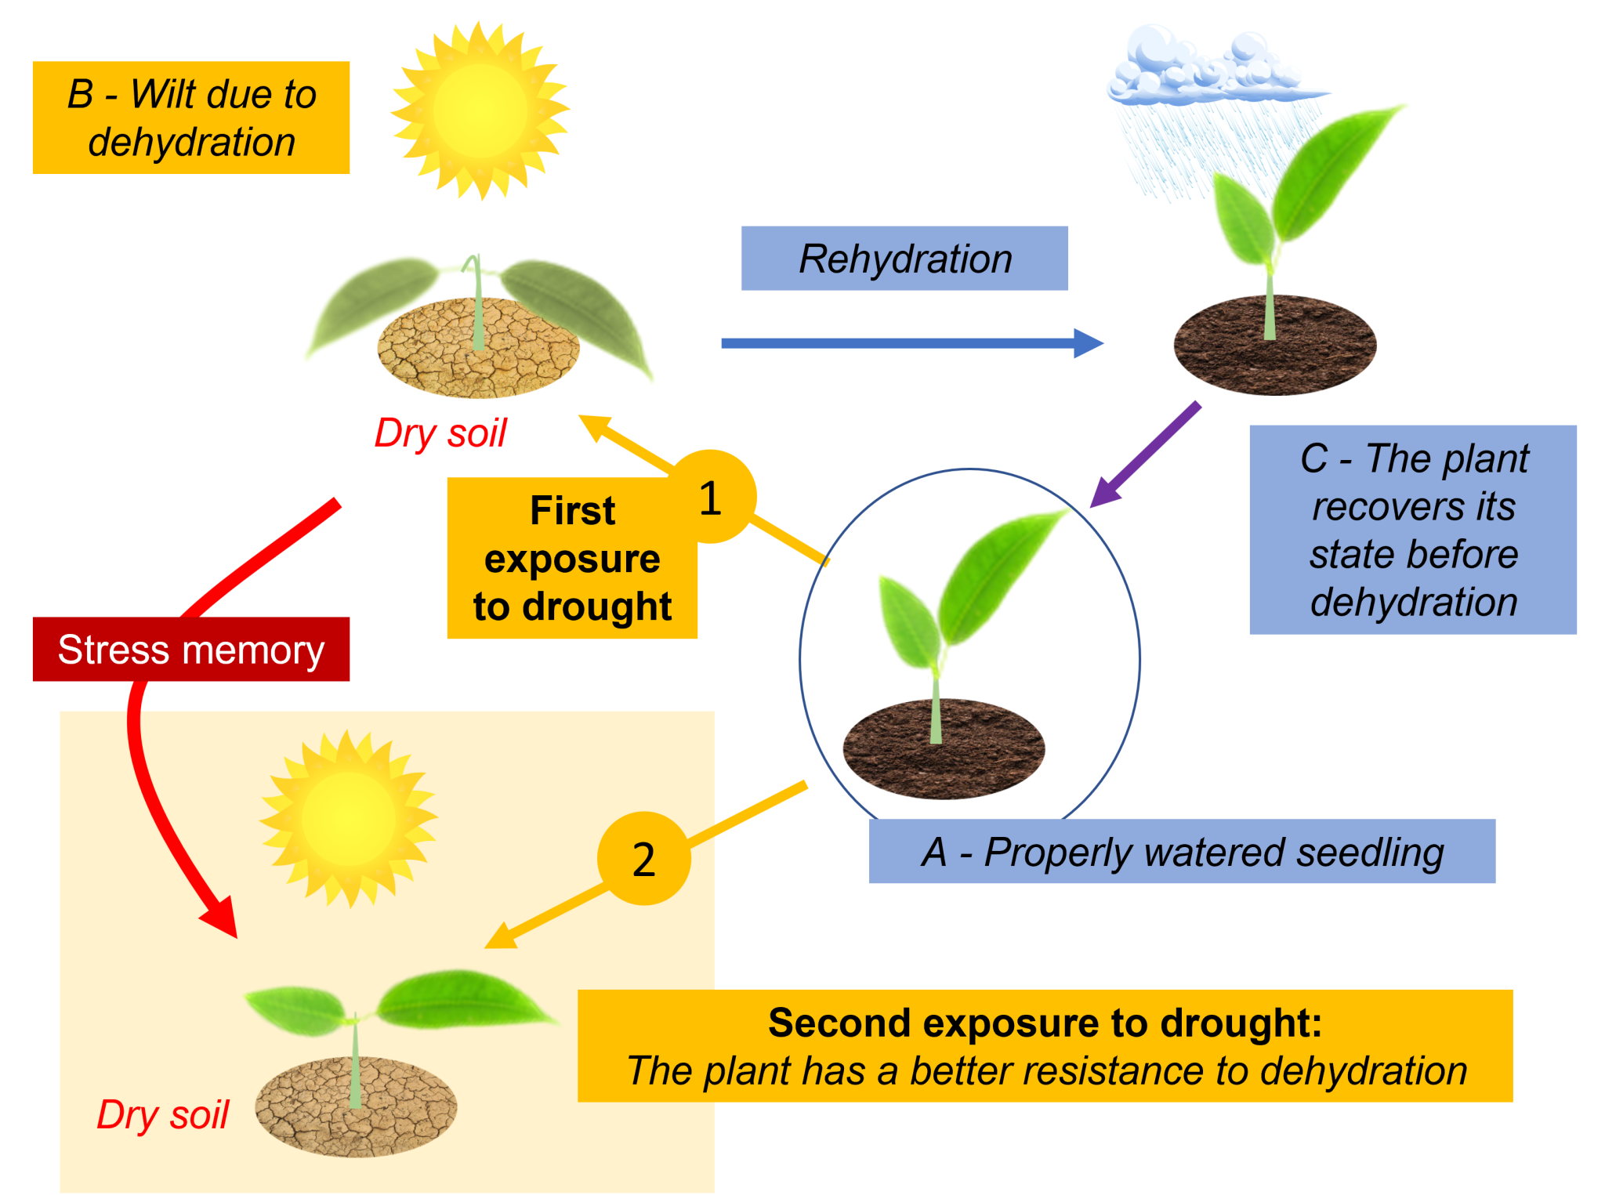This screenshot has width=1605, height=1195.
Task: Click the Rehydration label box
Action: pos(904,259)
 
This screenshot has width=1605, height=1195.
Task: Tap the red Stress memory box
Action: pos(190,649)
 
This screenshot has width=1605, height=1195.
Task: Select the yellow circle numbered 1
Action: pos(711,497)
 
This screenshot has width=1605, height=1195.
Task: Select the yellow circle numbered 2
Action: pos(643,859)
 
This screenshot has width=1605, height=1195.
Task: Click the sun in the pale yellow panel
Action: pos(348,820)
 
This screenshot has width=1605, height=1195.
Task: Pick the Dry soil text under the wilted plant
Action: pos(440,433)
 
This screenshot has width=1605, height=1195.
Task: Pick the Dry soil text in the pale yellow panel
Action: pos(162,1114)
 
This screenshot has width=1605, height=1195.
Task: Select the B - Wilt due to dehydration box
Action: pos(190,118)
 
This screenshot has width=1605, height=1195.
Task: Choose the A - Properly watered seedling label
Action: pos(1181,852)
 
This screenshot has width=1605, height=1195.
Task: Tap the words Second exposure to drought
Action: pos(1044,1023)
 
